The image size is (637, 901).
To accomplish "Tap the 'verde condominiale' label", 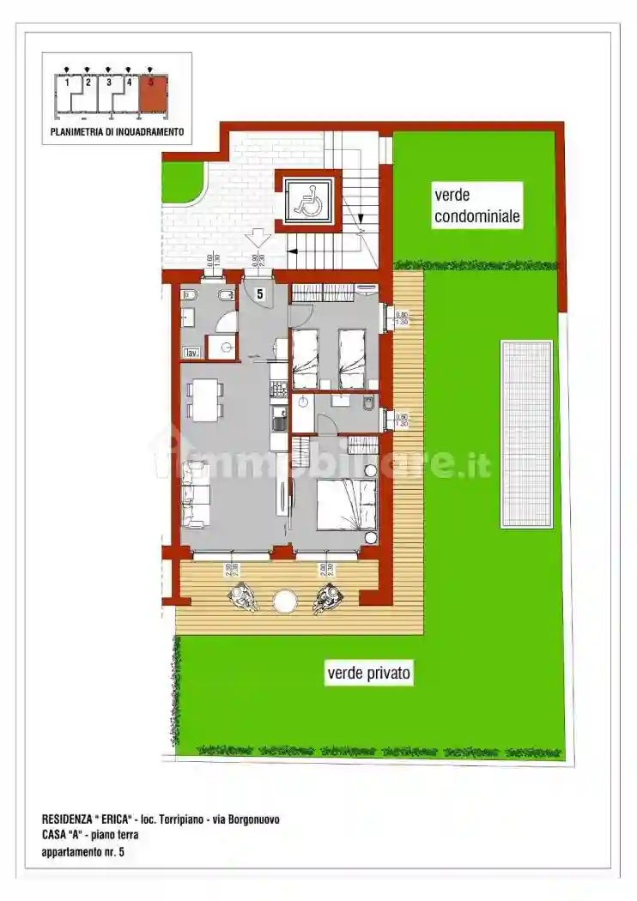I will (x=476, y=206).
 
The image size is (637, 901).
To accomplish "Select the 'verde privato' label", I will (x=369, y=674).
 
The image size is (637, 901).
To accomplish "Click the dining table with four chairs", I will (x=203, y=400).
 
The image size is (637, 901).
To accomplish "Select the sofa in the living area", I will (x=194, y=494).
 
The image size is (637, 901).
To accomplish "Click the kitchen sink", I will (x=278, y=420).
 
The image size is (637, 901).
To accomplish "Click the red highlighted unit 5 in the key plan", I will (x=152, y=94).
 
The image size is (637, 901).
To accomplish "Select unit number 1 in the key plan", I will (x=67, y=83).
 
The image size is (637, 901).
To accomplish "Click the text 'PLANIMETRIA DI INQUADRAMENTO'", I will (x=117, y=132).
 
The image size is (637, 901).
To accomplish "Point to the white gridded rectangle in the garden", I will (x=526, y=434).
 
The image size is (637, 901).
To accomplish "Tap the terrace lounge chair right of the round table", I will (x=325, y=598).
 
